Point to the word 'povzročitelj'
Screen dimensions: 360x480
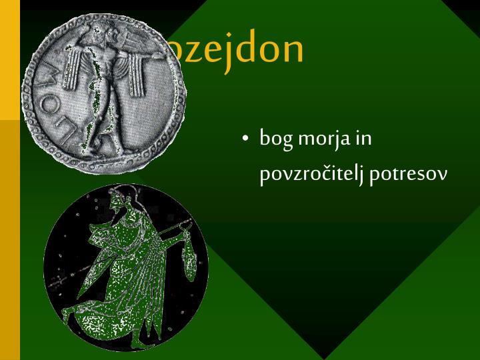[x=311, y=175]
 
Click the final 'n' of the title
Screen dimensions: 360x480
[x=293, y=51]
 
